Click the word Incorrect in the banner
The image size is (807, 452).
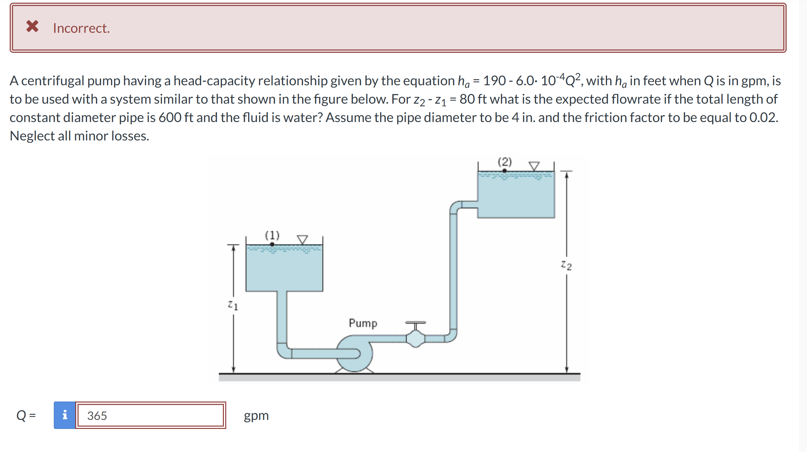[81, 28]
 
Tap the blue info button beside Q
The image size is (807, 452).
[65, 415]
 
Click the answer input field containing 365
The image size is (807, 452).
[150, 415]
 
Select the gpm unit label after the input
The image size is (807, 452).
[256, 416]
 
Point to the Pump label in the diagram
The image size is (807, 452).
[363, 323]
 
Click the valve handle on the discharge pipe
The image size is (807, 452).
[415, 323]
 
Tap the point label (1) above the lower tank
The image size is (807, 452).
[272, 235]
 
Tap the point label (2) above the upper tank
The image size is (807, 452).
[505, 162]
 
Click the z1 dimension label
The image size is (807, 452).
[233, 305]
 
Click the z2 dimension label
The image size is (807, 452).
[566, 265]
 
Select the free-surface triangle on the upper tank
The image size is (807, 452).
[534, 166]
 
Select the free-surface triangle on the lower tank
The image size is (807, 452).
[302, 239]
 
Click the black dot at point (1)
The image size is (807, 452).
[272, 244]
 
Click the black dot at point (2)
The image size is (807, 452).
[505, 171]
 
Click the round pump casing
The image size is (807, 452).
[355, 353]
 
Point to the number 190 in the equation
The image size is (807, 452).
[494, 81]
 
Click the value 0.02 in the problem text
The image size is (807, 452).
[763, 118]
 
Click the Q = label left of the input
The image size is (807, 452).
[26, 415]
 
